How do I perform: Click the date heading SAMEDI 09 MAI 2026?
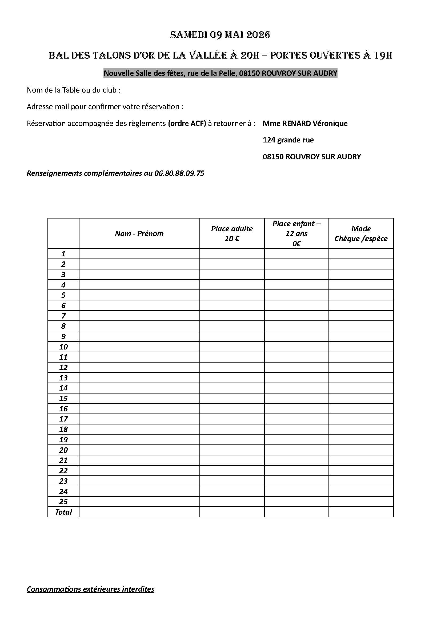(220, 35)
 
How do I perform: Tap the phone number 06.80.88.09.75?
(179, 173)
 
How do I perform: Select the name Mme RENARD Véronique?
(305, 124)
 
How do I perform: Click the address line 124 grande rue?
(288, 140)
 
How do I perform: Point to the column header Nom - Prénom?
(139, 233)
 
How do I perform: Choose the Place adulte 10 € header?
(232, 233)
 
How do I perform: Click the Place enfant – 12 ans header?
(296, 233)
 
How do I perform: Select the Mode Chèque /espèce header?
(361, 233)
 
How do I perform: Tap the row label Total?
(63, 512)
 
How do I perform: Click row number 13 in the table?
(63, 378)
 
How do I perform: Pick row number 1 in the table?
(63, 254)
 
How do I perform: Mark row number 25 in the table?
(63, 502)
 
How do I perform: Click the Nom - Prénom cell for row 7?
(139, 316)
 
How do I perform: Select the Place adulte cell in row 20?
(232, 450)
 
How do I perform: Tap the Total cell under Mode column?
(361, 512)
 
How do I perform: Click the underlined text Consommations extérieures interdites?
(90, 589)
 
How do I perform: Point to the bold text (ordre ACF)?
(187, 124)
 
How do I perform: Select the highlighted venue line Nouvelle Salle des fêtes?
(220, 73)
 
